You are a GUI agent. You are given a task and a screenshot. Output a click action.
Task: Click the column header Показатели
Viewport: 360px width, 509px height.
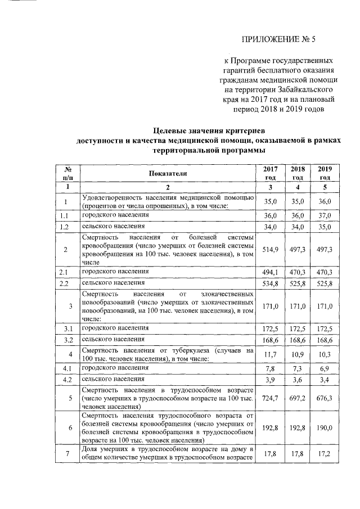point(168,173)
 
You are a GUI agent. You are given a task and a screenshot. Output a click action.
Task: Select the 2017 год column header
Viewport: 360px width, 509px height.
point(271,173)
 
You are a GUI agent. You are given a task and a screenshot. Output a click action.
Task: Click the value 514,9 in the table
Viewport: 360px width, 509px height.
point(271,249)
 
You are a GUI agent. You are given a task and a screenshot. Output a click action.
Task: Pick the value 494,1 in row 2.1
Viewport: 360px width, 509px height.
point(271,272)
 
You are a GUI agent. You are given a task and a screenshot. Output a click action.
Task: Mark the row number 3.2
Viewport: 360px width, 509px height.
point(66,340)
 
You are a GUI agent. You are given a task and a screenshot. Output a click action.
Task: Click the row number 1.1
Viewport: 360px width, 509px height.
point(66,215)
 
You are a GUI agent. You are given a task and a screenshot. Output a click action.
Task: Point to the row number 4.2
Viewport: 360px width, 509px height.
point(66,380)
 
